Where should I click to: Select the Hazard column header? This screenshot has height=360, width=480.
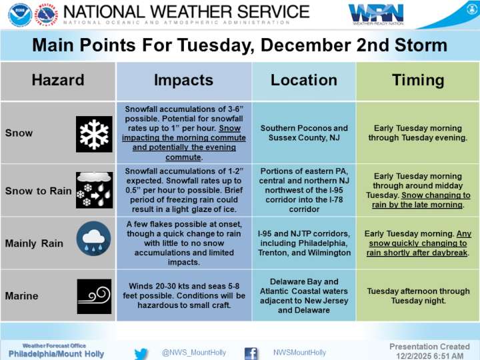click(58, 81)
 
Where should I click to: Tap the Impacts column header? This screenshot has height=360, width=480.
click(183, 81)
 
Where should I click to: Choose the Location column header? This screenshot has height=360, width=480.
click(304, 81)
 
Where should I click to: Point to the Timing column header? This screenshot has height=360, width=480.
click(418, 81)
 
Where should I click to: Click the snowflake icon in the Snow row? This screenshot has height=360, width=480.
click(95, 133)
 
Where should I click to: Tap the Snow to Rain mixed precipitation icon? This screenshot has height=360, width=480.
click(95, 190)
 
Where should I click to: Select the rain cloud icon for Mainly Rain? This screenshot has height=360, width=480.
click(94, 243)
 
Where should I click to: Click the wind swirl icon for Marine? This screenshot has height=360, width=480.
click(94, 296)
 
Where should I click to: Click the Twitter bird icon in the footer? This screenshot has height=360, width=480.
click(141, 353)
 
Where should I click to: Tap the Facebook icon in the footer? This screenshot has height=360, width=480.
click(251, 353)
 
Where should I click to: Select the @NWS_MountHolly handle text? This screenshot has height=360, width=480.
click(194, 353)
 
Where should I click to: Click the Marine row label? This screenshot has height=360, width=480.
click(21, 296)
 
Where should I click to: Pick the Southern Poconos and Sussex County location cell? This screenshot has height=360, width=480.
click(304, 133)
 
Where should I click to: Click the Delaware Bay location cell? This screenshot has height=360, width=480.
click(304, 296)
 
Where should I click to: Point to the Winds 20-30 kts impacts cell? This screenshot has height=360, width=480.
click(183, 296)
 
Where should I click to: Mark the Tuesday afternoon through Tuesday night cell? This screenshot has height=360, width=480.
click(418, 296)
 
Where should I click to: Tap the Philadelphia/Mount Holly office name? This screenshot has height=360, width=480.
click(57, 354)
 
